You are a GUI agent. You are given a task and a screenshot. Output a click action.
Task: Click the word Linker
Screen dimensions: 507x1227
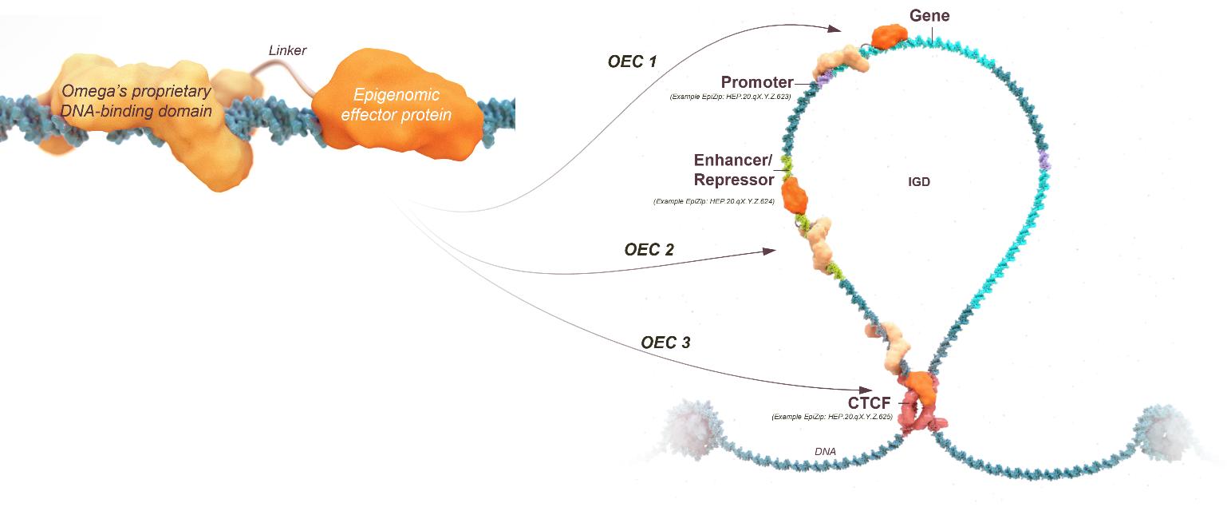click(x=287, y=51)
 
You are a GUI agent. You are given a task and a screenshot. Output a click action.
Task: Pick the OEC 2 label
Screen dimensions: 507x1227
click(x=649, y=249)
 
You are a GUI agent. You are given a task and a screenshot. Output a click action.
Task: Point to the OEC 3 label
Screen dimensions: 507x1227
click(x=665, y=343)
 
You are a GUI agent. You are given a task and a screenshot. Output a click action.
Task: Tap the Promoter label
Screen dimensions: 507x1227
click(x=757, y=82)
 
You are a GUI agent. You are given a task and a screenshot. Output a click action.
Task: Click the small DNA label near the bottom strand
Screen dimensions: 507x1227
click(x=825, y=452)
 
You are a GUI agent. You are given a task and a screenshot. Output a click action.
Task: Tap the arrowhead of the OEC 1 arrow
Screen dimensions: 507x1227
click(x=836, y=30)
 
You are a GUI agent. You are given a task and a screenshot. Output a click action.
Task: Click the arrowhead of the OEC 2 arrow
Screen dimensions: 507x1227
click(x=769, y=252)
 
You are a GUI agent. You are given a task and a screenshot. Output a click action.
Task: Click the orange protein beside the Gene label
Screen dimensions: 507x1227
click(x=890, y=35)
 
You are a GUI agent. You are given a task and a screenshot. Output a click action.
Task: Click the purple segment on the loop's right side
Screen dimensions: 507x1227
click(x=1046, y=160)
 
